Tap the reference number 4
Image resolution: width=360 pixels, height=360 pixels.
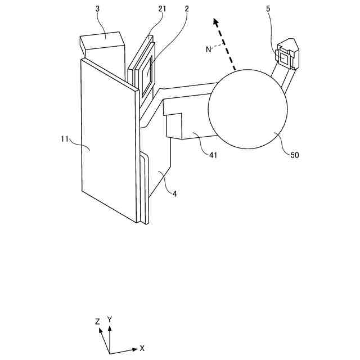pyautogui.click(x=174, y=193)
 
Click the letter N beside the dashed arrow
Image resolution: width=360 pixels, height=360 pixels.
pyautogui.click(x=208, y=49)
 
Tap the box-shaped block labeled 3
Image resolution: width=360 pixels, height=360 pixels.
pyautogui.click(x=102, y=45)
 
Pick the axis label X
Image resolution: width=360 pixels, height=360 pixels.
pyautogui.click(x=142, y=348)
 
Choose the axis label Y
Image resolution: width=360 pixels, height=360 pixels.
pyautogui.click(x=110, y=319)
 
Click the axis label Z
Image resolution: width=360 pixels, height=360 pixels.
pyautogui.click(x=97, y=321)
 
